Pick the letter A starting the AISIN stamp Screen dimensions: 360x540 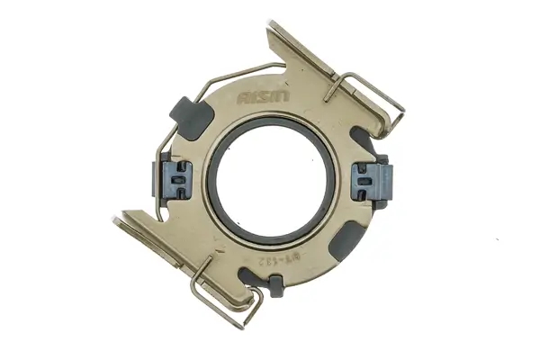(243, 97)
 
